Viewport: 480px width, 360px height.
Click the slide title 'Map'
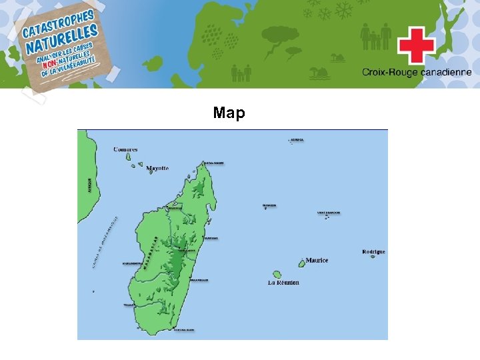229,113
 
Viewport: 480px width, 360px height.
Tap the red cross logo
417,45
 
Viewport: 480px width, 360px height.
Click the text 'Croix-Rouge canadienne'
417,72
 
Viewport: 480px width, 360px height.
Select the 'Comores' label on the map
125,149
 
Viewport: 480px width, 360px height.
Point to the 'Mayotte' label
158,168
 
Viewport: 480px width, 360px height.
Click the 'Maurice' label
317,260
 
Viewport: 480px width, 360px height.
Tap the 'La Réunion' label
283,283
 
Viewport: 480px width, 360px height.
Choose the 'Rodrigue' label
373,252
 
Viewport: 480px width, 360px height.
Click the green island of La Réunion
277,274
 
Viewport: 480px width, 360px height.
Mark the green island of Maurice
301,264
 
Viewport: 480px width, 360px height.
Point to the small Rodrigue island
373,257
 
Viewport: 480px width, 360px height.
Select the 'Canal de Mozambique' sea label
104,244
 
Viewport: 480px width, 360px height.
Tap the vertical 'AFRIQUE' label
89,185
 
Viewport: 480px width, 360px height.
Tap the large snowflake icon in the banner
343,11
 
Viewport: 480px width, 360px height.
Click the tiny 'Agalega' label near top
297,140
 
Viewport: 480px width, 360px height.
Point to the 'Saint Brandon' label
328,213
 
